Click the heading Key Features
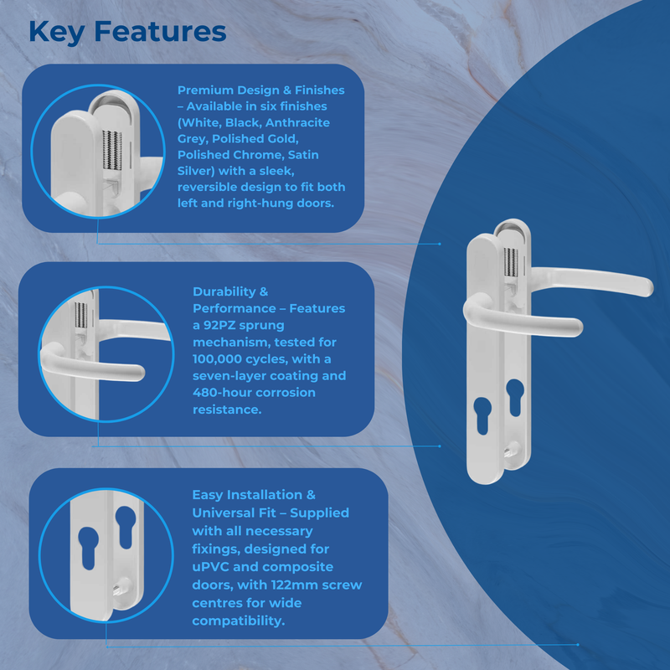click(127, 32)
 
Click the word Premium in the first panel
click(206, 90)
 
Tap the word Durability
click(224, 291)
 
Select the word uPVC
click(212, 567)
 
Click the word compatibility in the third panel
click(238, 621)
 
